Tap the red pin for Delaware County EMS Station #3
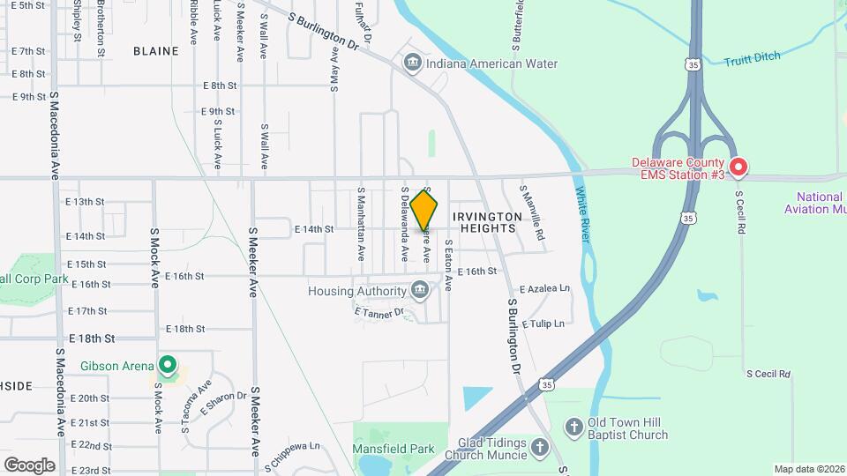(738, 167)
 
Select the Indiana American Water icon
(412, 63)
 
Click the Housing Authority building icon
(420, 290)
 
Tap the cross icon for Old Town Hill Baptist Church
(573, 427)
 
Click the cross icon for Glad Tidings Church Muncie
(540, 450)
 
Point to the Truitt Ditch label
(752, 61)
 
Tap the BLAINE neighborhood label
(156, 51)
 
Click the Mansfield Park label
(394, 449)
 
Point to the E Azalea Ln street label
(544, 289)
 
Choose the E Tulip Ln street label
(543, 324)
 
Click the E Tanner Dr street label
(379, 312)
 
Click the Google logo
(29, 465)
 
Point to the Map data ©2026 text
(809, 469)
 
